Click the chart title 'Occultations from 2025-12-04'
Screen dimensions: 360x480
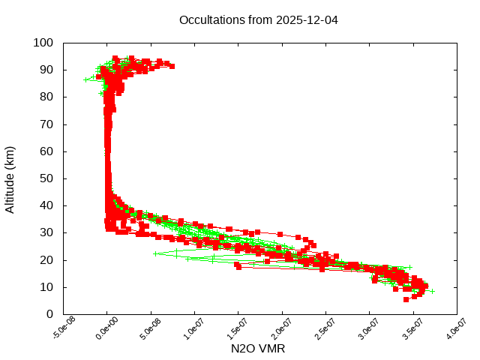coord(258,20)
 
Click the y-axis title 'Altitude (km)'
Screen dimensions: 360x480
coord(10,178)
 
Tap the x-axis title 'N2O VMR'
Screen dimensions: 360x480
coord(258,349)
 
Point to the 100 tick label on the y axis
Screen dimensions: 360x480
coord(43,43)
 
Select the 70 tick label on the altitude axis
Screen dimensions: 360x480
coord(46,124)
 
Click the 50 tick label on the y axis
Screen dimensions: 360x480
coord(46,178)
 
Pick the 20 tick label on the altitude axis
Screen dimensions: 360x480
coord(46,259)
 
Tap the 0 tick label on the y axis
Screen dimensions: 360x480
coord(49,314)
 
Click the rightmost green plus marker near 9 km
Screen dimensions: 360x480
coord(432,291)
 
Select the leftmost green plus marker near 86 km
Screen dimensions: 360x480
coord(85,79)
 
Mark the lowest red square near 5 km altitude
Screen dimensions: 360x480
coord(406,299)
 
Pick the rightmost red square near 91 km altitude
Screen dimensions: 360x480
coord(172,67)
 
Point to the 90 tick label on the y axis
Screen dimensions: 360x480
coord(46,70)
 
